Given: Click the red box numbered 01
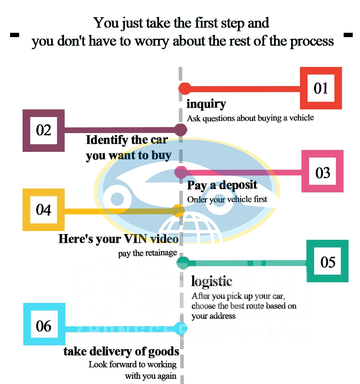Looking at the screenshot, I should pos(321,88).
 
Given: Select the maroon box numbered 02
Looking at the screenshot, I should pos(44,130).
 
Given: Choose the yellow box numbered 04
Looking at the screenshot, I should pos(44,210).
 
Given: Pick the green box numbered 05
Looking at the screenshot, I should pos(328,262).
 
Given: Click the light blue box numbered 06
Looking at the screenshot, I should pos(44,326).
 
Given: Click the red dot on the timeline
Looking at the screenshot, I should pos(185,88).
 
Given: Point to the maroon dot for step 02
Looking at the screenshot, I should pos(181,130).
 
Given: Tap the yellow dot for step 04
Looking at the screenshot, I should pos(178,210).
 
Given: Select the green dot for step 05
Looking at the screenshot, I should pos(183,262).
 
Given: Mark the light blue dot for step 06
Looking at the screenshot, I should pos(180,327).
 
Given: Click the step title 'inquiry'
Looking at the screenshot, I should pos(206,104).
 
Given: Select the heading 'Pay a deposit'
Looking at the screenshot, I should pos(222,185).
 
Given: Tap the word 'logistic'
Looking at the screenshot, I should pos(212,281).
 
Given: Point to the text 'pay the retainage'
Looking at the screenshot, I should pos(148,253).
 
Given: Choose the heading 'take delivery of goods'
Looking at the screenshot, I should pos(121,351).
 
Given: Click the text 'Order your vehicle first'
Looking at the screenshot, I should pos(227,200).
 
